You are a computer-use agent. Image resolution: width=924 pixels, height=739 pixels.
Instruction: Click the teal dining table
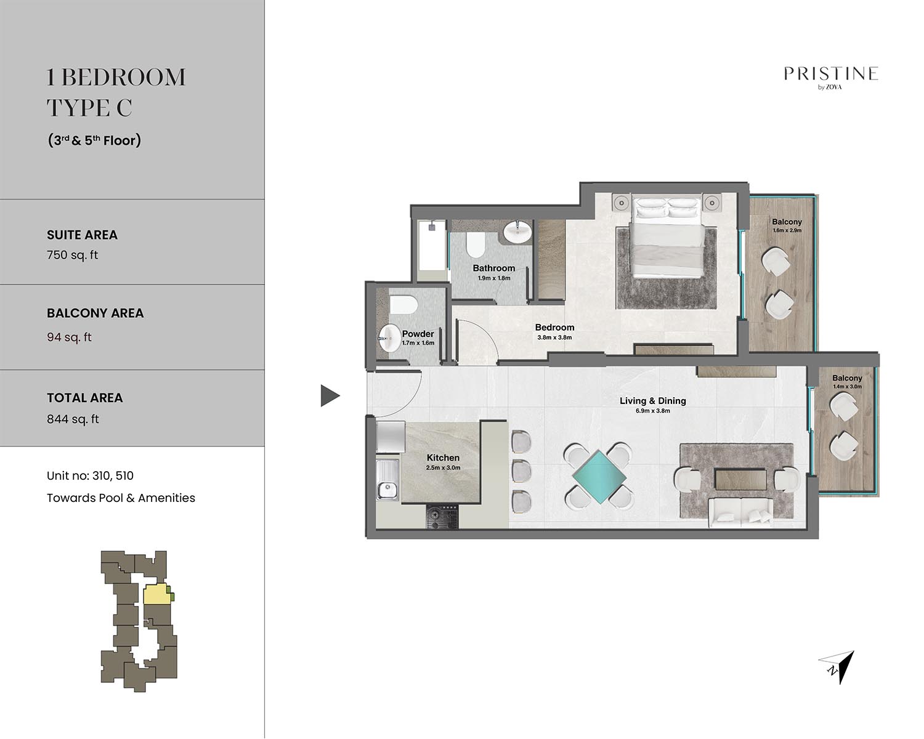pos(599,477)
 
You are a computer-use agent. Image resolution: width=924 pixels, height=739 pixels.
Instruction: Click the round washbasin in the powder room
pos(390,338)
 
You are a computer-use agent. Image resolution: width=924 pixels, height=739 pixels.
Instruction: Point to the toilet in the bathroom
pos(476,244)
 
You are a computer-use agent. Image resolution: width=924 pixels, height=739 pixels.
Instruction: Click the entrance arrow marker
pos(330,395)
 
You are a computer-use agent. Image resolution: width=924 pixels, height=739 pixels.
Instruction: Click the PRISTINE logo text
pos(831,74)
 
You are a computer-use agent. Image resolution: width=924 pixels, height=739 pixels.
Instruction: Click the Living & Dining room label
pos(652,401)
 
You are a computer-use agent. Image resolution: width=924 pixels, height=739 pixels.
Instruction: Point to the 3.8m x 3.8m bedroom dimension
pos(554,337)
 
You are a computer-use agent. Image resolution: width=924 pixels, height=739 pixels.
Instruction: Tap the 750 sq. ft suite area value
pos(73,255)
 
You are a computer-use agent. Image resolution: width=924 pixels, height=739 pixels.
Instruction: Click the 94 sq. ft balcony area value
pos(69,337)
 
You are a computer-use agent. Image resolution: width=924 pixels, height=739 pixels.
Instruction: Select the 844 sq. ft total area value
pos(73,419)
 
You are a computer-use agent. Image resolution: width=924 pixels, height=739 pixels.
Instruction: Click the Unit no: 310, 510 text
pos(90,476)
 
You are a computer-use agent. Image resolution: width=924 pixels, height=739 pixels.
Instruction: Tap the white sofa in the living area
pos(740,513)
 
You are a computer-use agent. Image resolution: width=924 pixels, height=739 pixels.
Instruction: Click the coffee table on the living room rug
pos(740,479)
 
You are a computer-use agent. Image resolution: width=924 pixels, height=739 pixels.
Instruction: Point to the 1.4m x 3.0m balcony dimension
pos(847,387)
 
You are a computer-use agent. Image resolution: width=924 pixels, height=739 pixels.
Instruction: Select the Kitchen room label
pos(443,458)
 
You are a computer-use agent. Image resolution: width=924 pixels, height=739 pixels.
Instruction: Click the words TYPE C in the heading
pos(89,108)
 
